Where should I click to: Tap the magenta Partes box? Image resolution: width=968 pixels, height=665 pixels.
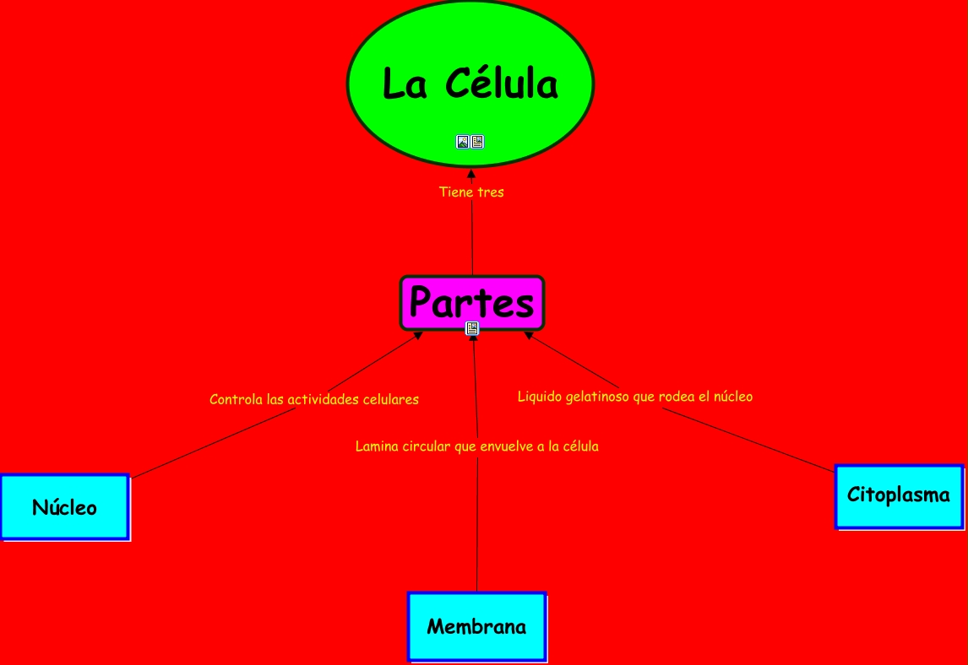click(x=471, y=302)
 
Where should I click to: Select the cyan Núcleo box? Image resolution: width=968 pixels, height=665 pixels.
click(x=64, y=507)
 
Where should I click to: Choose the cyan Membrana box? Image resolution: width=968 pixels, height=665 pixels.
click(x=476, y=627)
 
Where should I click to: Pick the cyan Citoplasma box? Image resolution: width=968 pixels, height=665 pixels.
click(x=898, y=495)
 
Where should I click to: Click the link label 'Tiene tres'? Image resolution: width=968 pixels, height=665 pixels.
click(x=471, y=192)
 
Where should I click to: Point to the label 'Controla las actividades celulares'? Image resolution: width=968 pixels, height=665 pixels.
click(x=314, y=399)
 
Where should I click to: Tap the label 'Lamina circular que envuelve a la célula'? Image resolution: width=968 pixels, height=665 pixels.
click(x=476, y=446)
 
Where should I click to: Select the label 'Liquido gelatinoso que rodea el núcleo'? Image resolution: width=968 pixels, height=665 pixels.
click(x=634, y=397)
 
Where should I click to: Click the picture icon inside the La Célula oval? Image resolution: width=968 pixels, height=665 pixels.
click(x=463, y=142)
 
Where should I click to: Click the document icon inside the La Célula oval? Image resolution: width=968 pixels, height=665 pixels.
click(x=478, y=142)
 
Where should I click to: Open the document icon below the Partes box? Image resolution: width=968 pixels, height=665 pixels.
click(x=472, y=328)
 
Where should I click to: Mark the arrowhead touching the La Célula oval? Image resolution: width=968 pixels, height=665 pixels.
click(x=471, y=173)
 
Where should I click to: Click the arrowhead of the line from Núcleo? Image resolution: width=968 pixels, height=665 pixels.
click(x=417, y=336)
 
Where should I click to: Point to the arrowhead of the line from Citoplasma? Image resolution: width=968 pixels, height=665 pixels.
click(x=529, y=335)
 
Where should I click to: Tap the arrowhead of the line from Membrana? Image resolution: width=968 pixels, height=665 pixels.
click(x=474, y=338)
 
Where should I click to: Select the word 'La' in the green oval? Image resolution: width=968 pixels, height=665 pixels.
click(x=405, y=84)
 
